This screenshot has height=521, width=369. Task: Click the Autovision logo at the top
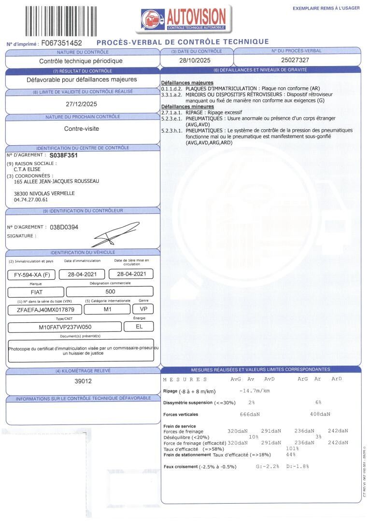(x=184, y=19)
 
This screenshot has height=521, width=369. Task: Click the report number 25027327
(x=296, y=60)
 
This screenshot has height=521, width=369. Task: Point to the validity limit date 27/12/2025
(x=81, y=104)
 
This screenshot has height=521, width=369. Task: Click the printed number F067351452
(x=62, y=43)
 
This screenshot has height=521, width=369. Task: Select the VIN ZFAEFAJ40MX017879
(x=45, y=310)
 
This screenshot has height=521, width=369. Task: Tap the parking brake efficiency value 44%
(x=290, y=455)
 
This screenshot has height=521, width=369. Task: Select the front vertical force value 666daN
(x=250, y=414)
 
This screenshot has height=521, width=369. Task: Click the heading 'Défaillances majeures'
(x=187, y=83)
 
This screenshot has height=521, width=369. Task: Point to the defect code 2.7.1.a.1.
(x=171, y=112)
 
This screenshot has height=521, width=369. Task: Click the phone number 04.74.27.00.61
(x=31, y=199)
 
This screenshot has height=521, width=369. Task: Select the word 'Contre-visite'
(x=81, y=129)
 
